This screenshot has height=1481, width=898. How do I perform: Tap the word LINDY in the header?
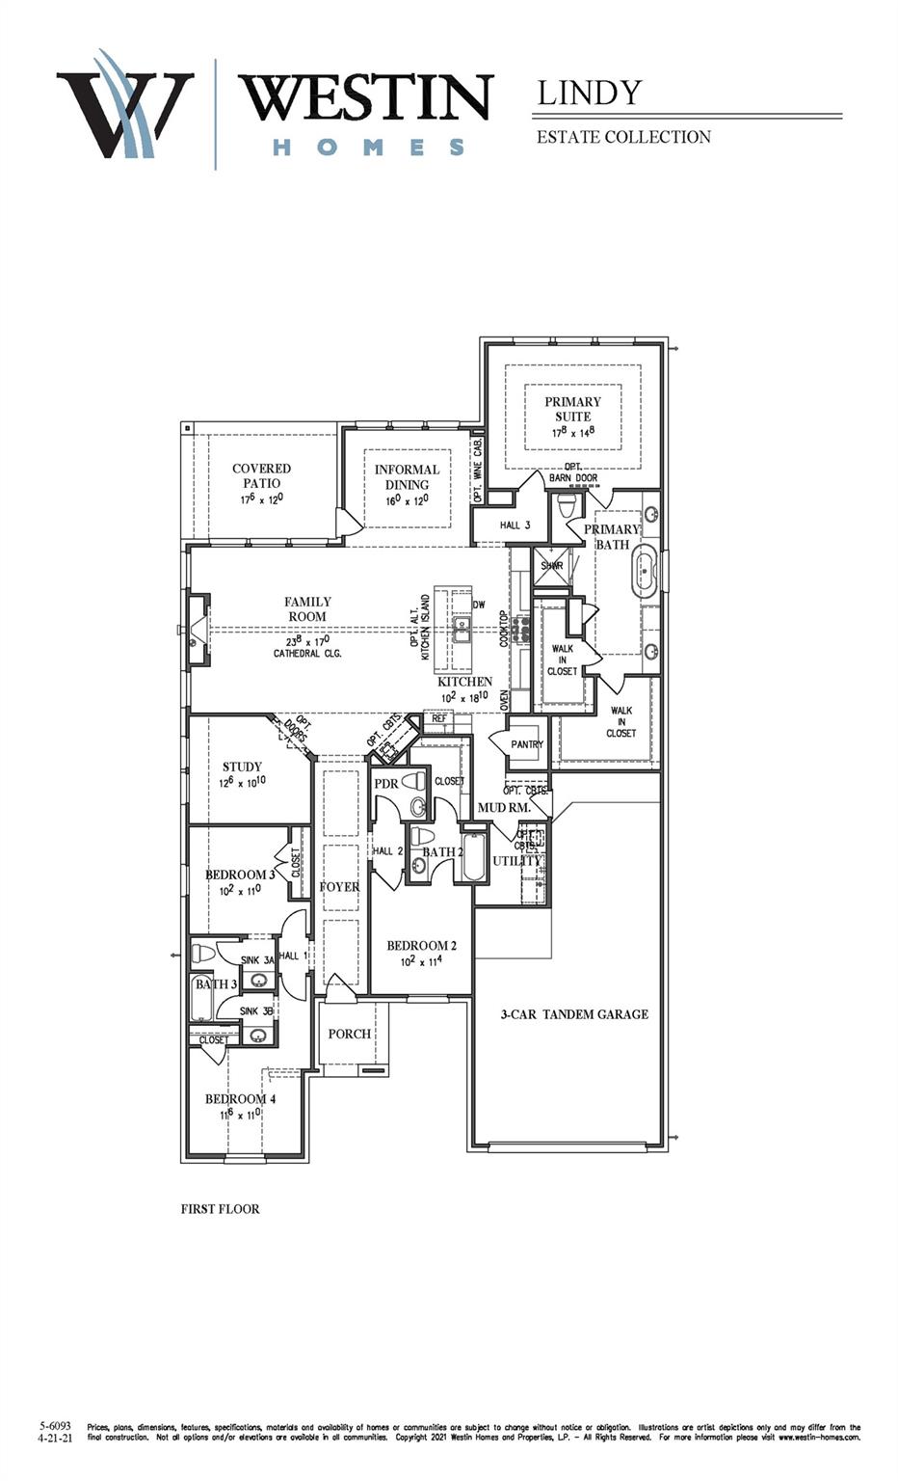click(589, 93)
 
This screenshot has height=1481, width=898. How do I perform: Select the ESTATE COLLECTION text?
click(623, 137)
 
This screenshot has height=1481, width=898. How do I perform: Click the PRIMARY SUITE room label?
click(572, 410)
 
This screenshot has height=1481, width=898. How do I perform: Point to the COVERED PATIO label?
click(261, 476)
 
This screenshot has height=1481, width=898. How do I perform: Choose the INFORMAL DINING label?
click(407, 477)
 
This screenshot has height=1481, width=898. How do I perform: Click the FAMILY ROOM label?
click(307, 609)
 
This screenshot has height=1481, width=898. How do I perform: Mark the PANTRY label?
click(527, 744)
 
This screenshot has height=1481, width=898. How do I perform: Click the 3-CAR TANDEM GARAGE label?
click(574, 1014)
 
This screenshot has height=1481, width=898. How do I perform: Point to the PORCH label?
click(350, 1034)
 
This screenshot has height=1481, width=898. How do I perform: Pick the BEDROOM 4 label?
click(241, 1099)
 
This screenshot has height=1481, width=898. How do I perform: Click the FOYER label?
click(339, 887)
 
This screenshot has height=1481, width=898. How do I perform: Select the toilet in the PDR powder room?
click(415, 780)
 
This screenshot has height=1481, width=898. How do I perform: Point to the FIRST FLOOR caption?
click(220, 1209)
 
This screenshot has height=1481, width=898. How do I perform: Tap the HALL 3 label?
click(515, 525)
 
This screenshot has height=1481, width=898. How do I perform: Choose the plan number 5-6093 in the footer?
click(55, 1425)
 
